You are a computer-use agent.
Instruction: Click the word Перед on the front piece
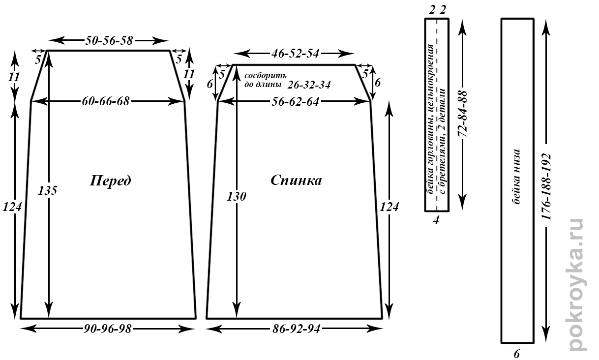110,180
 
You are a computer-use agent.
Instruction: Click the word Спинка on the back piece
296,180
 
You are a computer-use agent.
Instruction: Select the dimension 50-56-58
109,40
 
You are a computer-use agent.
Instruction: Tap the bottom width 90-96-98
108,329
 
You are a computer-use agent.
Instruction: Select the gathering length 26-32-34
309,84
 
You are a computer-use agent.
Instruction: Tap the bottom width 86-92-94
295,329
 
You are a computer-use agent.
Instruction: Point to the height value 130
237,196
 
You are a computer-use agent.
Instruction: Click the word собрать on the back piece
265,76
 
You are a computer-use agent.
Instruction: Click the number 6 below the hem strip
517,353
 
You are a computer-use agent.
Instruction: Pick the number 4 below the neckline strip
436,220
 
